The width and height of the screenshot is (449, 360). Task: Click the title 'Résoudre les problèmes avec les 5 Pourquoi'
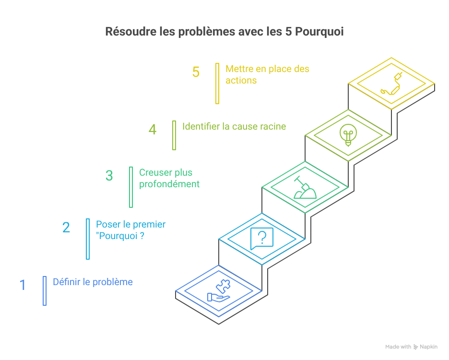[224, 32]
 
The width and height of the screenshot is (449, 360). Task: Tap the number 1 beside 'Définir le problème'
[23, 285]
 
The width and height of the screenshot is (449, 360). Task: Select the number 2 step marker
[66, 227]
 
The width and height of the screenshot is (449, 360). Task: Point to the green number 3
[109, 176]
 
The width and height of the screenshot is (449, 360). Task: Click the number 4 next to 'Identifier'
[153, 130]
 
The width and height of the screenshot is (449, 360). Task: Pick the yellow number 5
[196, 72]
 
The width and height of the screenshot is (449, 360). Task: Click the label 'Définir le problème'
[93, 282]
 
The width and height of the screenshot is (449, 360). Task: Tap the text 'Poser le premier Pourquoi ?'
[130, 230]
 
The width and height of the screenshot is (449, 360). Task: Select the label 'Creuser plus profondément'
[169, 178]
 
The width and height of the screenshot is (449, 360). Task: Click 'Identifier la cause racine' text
[234, 126]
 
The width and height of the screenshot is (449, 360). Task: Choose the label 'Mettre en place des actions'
[267, 74]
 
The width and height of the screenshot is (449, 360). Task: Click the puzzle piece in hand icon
[219, 292]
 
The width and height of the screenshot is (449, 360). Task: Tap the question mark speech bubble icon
[262, 238]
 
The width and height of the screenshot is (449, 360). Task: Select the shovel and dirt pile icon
[305, 188]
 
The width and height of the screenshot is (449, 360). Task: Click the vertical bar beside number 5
[217, 84]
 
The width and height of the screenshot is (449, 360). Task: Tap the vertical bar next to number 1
[45, 291]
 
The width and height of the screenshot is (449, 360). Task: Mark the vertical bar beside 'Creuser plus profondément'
[131, 187]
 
